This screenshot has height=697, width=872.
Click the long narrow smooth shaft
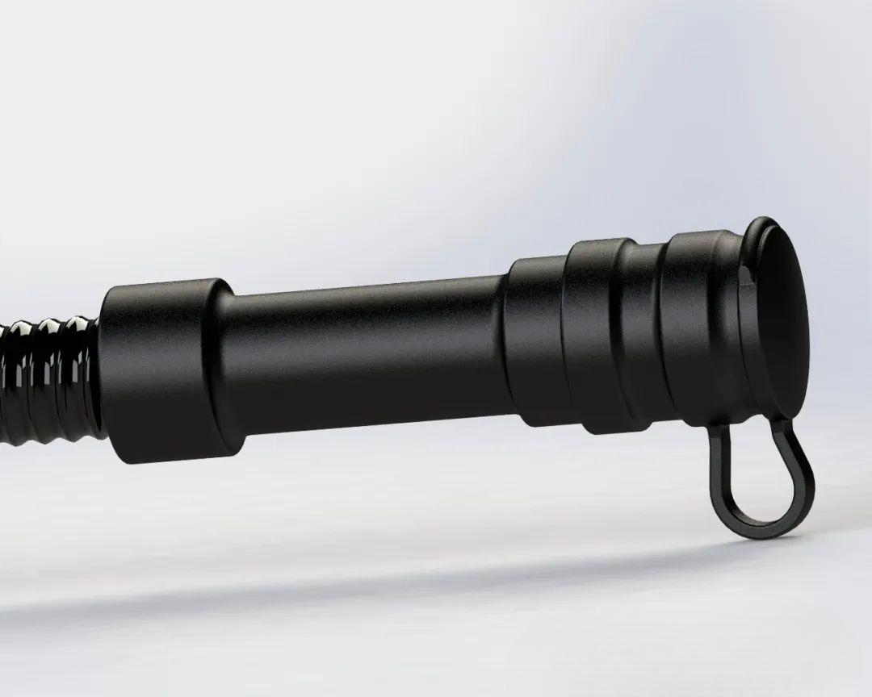(363, 355)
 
